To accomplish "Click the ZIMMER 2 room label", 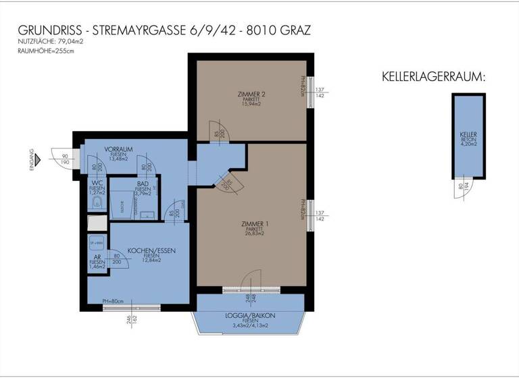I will pos(251,93).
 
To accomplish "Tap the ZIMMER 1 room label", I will pos(255,223).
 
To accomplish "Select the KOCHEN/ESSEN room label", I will pos(151,250).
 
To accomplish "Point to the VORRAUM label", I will pos(118,149).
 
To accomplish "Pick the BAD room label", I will pos(142,183).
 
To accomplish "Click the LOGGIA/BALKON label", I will pos(250,315).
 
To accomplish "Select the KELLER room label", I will pos(468,134).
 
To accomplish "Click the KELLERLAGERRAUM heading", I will pos(433,76).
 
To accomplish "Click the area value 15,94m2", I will pos(251,104).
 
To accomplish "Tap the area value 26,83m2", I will pos(255,234).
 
